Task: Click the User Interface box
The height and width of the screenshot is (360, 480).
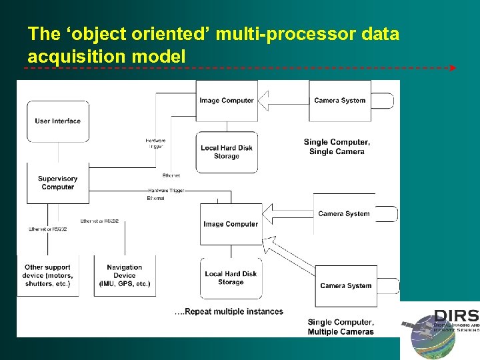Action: click(58, 121)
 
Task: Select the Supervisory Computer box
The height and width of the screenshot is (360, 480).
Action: click(58, 183)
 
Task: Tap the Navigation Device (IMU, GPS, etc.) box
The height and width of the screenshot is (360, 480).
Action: click(125, 275)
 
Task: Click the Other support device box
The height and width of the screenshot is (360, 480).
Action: click(48, 275)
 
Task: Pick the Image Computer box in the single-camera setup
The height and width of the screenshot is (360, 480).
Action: click(227, 101)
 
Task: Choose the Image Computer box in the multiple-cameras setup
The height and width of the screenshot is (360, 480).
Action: click(231, 224)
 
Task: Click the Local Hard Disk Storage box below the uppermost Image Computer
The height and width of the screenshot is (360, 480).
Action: click(227, 152)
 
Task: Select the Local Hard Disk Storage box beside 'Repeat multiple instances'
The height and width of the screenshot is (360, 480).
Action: click(231, 278)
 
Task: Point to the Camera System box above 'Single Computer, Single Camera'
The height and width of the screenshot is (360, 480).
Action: click(340, 101)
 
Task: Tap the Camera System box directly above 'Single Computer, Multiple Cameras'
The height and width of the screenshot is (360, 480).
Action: click(345, 285)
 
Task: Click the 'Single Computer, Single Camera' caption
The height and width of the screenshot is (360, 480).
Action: click(337, 147)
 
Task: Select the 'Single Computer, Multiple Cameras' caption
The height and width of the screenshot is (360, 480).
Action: click(341, 327)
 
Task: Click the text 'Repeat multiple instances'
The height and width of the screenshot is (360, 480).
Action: click(229, 311)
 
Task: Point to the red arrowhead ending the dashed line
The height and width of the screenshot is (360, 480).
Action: click(453, 68)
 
